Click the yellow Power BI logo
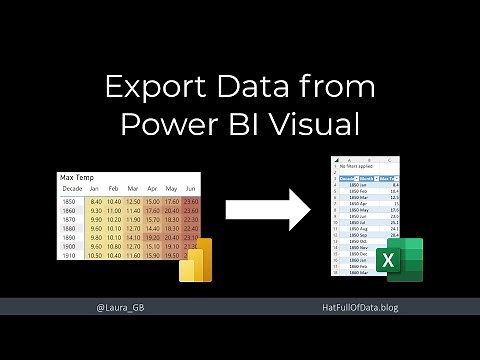tap(197, 263)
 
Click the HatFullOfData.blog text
tap(355, 308)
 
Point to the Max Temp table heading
tap(78, 177)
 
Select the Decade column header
tap(72, 188)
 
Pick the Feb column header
tap(116, 188)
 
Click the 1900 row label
tap(70, 245)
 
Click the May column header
tap(172, 188)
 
